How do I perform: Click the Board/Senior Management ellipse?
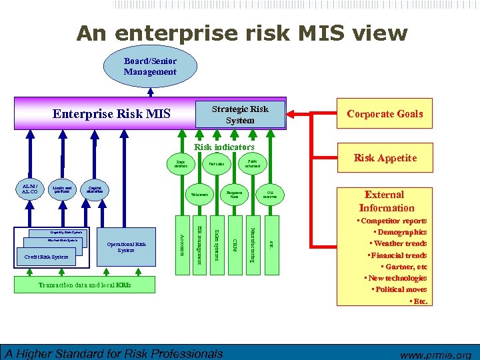150,66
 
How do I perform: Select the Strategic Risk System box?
240,114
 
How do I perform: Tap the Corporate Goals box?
384,114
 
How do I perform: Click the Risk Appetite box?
385,158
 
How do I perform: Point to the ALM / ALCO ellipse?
29,189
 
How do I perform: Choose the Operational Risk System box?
126,247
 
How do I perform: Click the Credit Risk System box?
47,257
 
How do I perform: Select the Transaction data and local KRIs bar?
85,285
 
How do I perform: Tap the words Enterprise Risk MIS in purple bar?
112,115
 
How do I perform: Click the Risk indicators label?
224,147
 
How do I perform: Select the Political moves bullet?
399,289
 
